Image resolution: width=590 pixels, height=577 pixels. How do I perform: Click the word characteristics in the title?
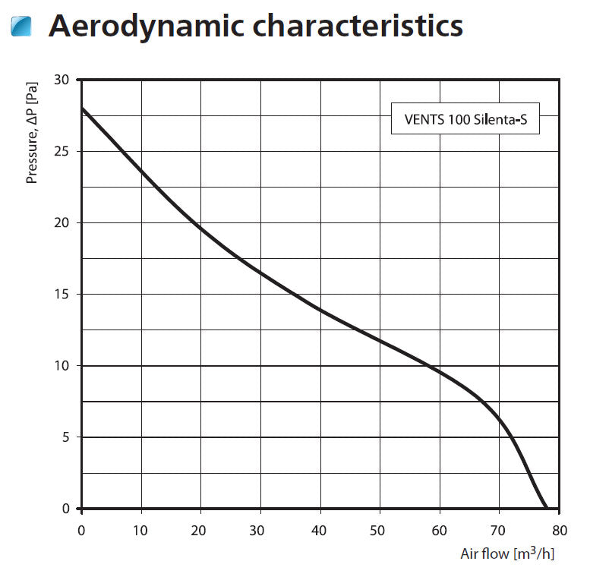coord(357,27)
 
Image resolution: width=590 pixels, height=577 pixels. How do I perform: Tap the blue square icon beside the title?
coord(22,27)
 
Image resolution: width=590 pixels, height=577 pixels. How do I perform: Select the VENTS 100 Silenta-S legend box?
coord(465,118)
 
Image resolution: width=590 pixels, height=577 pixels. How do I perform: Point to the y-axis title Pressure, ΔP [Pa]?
coord(32,133)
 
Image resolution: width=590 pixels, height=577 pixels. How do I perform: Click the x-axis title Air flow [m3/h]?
coord(507,553)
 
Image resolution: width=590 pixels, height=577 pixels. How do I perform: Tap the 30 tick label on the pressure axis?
coord(62,80)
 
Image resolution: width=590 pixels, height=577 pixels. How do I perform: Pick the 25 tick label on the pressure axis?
coord(62,151)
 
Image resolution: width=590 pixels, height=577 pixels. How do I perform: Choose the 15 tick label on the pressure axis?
coord(62,294)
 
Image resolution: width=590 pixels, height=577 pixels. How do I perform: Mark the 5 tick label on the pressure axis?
coord(66,437)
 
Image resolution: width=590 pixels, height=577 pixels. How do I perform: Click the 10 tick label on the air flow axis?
coord(141,530)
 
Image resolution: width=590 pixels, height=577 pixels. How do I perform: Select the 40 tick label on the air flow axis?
coord(320,530)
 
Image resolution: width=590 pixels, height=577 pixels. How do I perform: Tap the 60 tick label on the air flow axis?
coord(440,530)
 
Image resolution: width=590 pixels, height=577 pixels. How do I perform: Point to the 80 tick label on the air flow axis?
coord(559,530)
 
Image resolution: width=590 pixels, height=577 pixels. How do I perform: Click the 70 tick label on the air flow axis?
coord(499,530)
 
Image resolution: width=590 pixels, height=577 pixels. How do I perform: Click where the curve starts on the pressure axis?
coord(82,108)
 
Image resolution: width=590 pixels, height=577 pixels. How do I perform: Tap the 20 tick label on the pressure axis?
coord(62,222)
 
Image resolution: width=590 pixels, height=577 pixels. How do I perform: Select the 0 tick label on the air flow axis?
coord(82,530)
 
